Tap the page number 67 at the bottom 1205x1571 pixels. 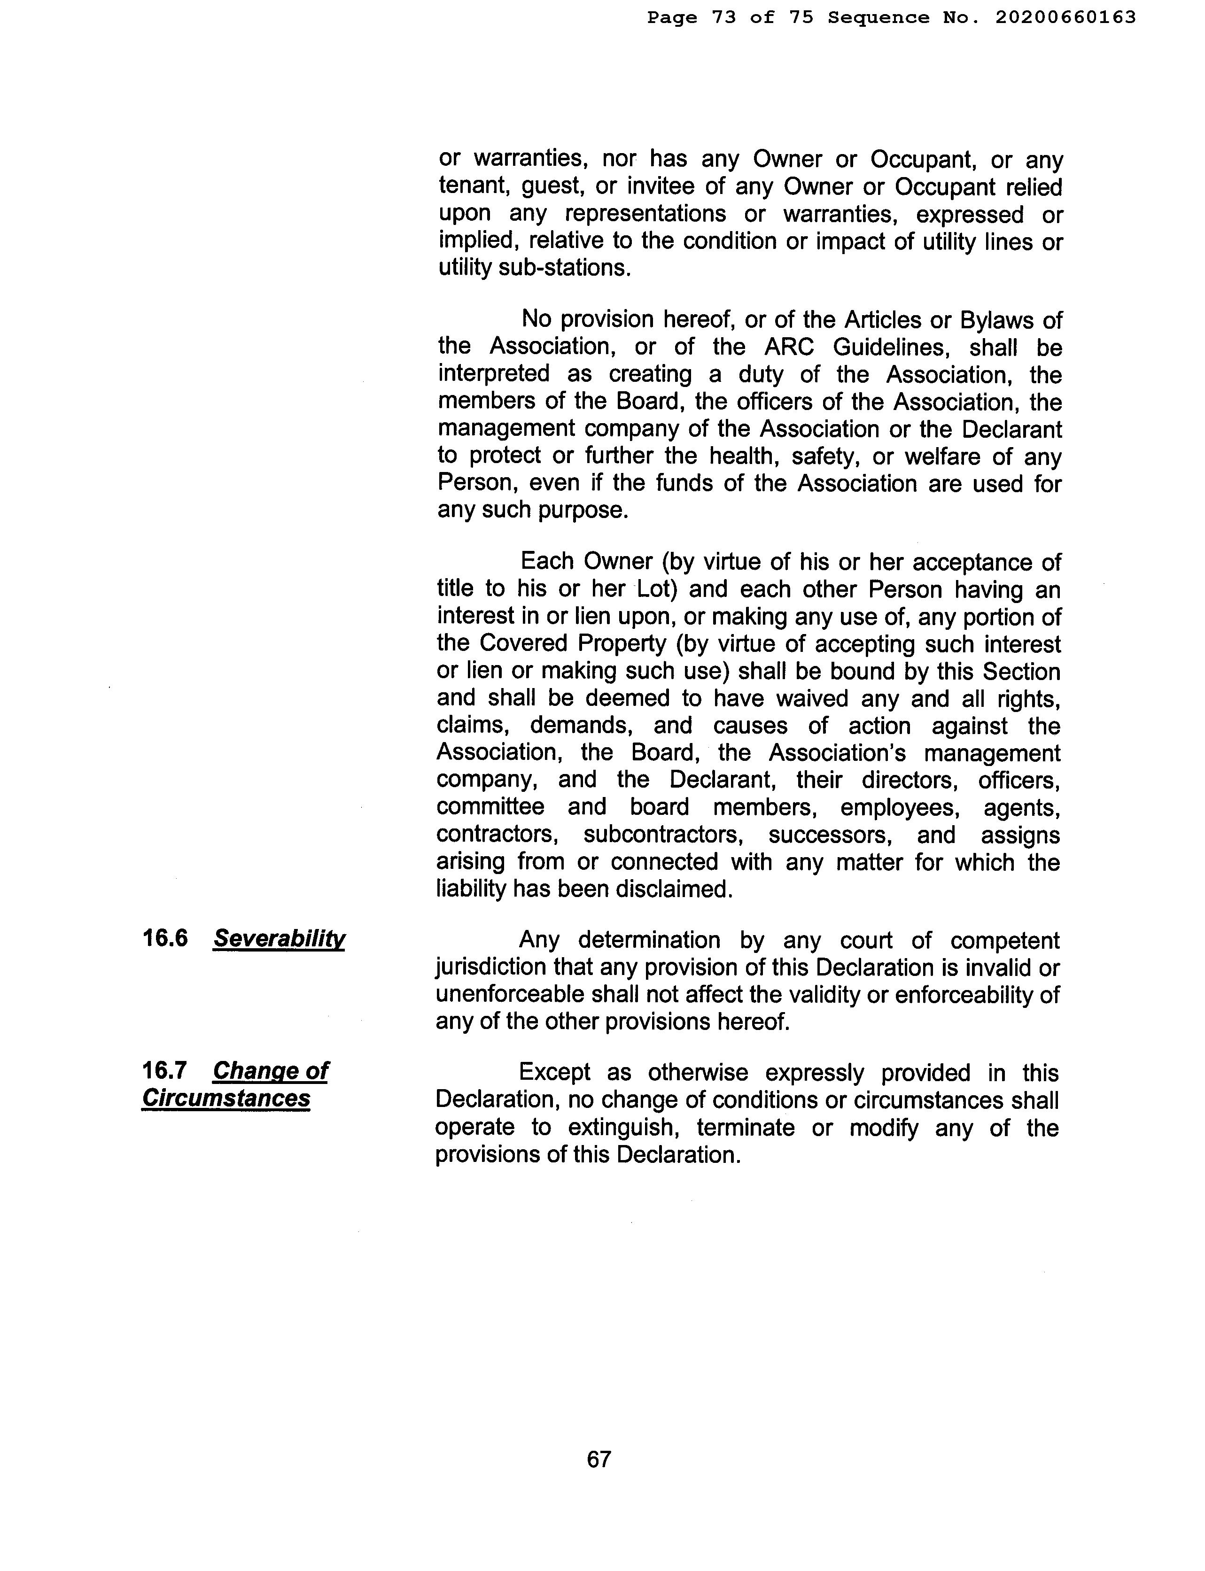[x=599, y=1459]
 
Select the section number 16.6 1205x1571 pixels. [x=165, y=938]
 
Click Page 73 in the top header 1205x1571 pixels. [x=692, y=17]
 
